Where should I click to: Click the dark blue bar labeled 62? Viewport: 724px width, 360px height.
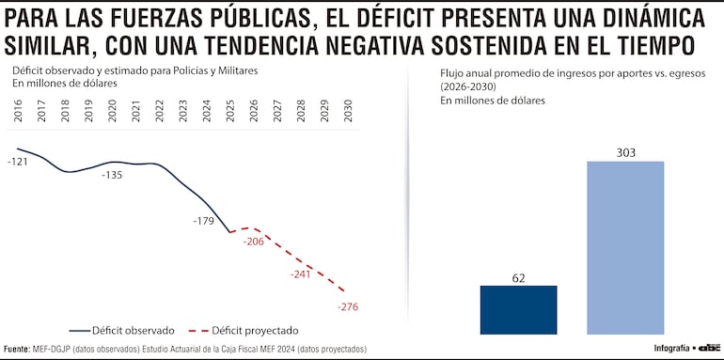coord(518,309)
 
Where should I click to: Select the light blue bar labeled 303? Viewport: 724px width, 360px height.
coord(625,247)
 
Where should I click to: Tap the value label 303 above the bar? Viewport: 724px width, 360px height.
coord(625,151)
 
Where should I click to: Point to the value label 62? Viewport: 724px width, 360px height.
coord(518,277)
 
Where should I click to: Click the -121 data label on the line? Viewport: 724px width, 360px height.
coord(17,163)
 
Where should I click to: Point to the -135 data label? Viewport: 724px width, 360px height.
coord(112,175)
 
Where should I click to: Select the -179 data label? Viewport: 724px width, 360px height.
coord(203,221)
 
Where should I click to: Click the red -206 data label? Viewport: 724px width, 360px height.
coord(254,242)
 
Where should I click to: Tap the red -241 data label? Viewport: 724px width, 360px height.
coord(301,274)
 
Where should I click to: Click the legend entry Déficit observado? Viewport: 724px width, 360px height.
coord(122,330)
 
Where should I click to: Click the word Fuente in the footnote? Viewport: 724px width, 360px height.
coord(16,349)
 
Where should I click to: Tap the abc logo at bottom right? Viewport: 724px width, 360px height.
coord(708,348)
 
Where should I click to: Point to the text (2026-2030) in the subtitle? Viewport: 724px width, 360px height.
coord(470,86)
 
